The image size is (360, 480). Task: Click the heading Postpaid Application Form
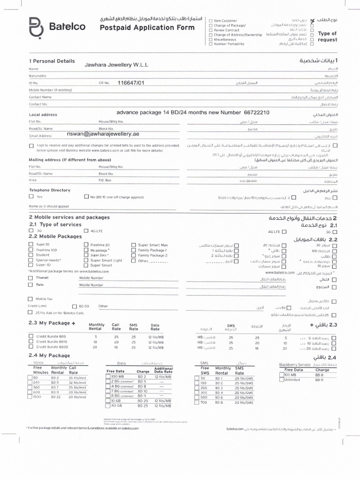(x=143, y=28)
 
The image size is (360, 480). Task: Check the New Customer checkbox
(x=211, y=21)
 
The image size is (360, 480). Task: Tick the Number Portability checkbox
(x=211, y=44)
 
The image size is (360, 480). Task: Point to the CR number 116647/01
(x=131, y=82)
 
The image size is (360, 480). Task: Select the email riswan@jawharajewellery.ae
(x=103, y=134)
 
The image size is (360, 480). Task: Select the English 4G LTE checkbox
(x=86, y=231)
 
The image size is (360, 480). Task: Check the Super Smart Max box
(x=134, y=245)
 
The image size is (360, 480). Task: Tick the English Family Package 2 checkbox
(x=134, y=255)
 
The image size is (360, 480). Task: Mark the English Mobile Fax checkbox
(x=30, y=299)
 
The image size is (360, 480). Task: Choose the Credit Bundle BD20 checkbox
(x=31, y=347)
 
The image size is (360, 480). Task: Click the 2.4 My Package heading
(x=49, y=355)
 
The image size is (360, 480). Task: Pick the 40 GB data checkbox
(x=108, y=405)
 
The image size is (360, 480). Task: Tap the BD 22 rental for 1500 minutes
(x=55, y=397)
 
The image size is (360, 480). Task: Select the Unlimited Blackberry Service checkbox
(x=281, y=380)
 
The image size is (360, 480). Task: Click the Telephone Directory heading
(x=50, y=190)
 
